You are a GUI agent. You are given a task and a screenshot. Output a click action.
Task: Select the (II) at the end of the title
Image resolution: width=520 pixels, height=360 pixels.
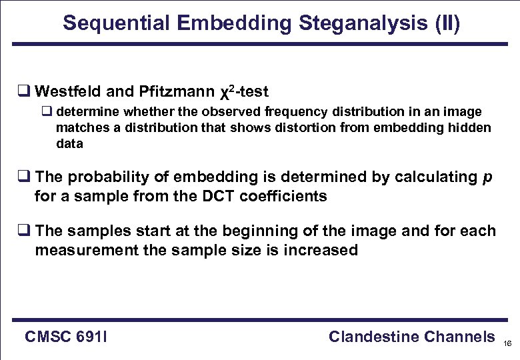[x=445, y=24]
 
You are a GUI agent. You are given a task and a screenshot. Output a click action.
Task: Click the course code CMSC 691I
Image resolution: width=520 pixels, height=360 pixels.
[x=66, y=337]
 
